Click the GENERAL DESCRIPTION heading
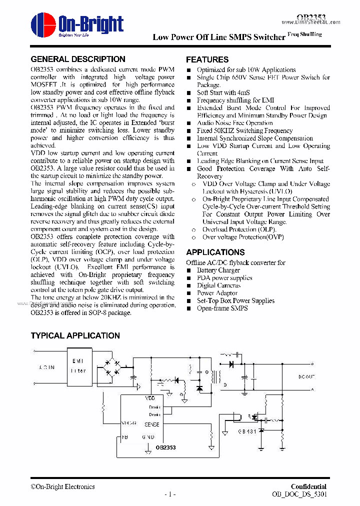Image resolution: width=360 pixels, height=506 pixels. click(x=78, y=59)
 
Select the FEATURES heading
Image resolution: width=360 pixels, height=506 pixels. click(x=207, y=59)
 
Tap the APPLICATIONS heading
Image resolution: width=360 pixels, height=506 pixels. click(x=215, y=252)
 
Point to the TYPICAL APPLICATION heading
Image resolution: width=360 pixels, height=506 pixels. click(x=75, y=335)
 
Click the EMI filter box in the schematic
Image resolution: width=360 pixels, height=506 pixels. click(x=79, y=366)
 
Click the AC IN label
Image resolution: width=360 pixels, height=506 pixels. click(x=46, y=367)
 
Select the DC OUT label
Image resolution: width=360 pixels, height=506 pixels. click(x=306, y=376)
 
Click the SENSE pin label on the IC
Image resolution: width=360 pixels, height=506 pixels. click(x=151, y=424)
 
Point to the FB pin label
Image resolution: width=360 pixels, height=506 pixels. click(x=124, y=436)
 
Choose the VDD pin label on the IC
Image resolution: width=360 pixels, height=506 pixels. click(x=150, y=398)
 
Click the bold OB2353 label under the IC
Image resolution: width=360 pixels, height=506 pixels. click(x=165, y=448)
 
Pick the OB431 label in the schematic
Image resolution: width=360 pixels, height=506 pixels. click(x=247, y=431)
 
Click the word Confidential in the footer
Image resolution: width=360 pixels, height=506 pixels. click(x=308, y=486)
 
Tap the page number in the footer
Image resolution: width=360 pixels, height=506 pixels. click(x=170, y=494)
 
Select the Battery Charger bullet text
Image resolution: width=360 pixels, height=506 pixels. click(x=218, y=270)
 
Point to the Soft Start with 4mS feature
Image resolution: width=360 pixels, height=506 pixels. click(x=223, y=92)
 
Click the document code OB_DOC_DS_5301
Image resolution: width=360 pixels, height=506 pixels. click(x=299, y=494)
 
